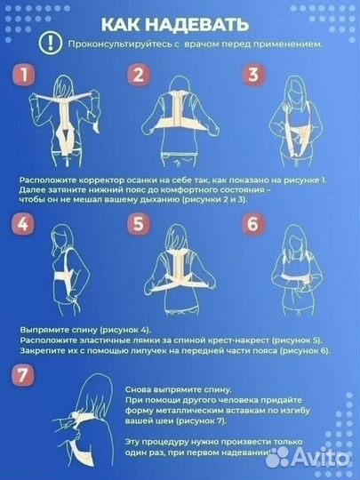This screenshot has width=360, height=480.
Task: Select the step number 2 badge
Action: click(137, 76)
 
